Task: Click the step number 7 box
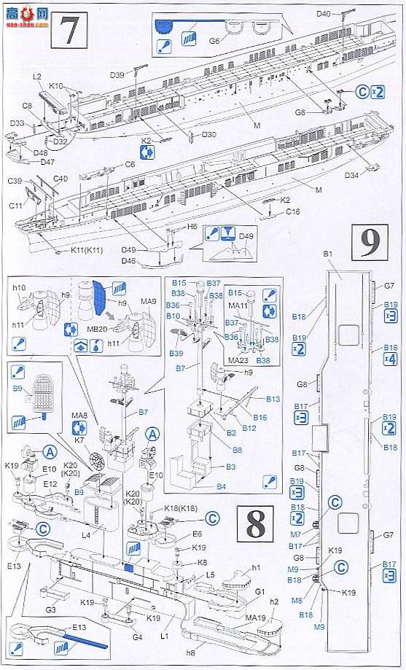(69, 32)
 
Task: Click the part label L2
(37, 77)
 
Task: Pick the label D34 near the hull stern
(351, 175)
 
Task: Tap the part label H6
(192, 227)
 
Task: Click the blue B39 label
(176, 353)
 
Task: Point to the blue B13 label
(273, 399)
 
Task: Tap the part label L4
(85, 536)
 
